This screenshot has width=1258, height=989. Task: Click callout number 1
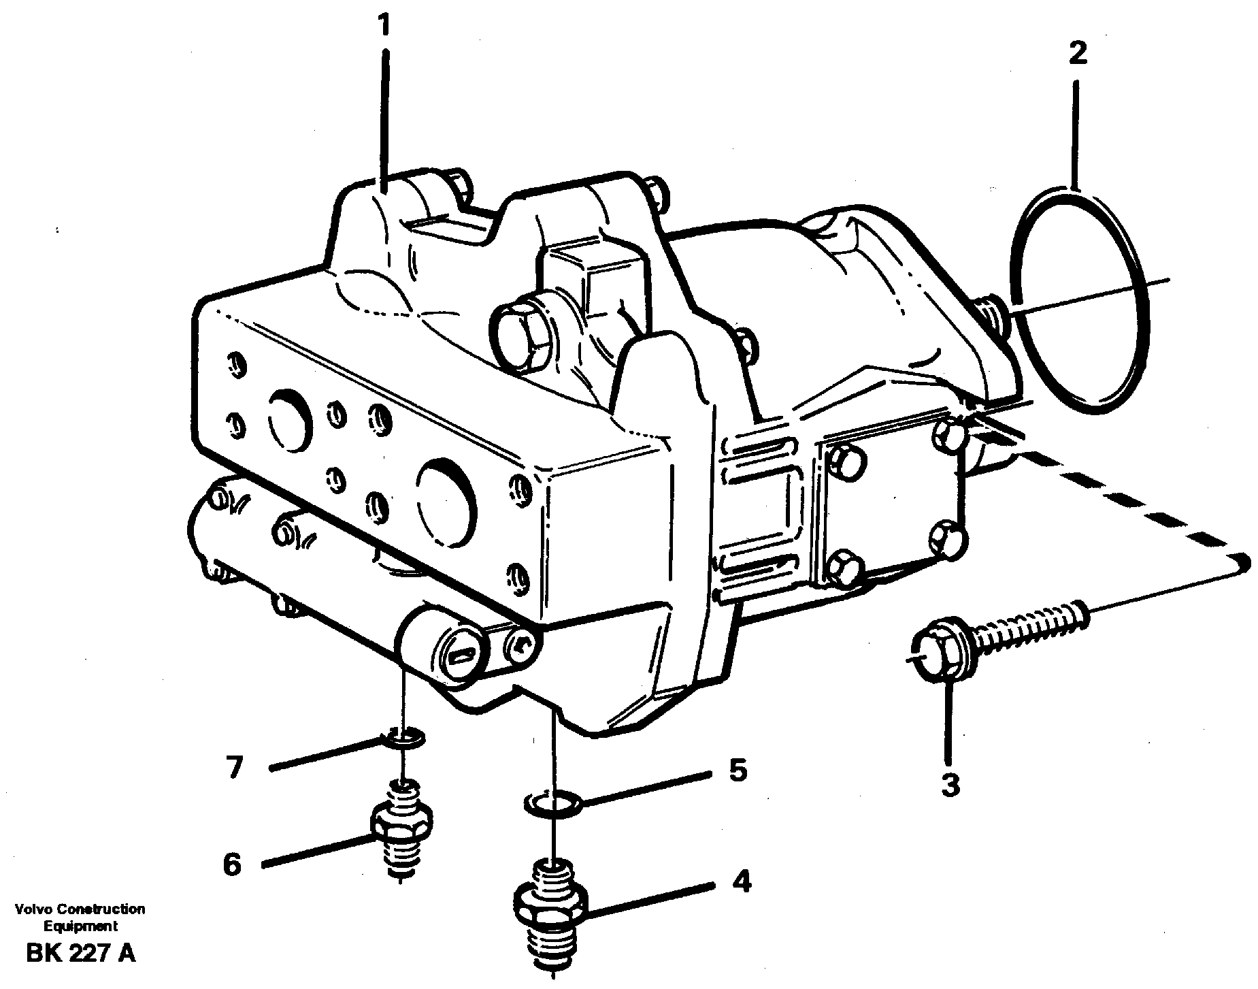pos(384,26)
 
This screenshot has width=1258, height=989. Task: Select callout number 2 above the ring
pos(1078,53)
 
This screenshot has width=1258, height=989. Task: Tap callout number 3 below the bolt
pos(950,784)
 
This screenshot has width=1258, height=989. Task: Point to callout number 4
pos(742,882)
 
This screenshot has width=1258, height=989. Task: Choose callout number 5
pos(737,770)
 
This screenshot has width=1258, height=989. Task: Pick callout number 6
pos(232,865)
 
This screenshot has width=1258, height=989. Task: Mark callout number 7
pos(234,767)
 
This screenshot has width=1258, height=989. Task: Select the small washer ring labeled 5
pos(552,803)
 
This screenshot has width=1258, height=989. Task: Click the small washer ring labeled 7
pos(405,736)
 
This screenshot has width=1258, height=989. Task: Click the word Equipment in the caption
pos(80,926)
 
